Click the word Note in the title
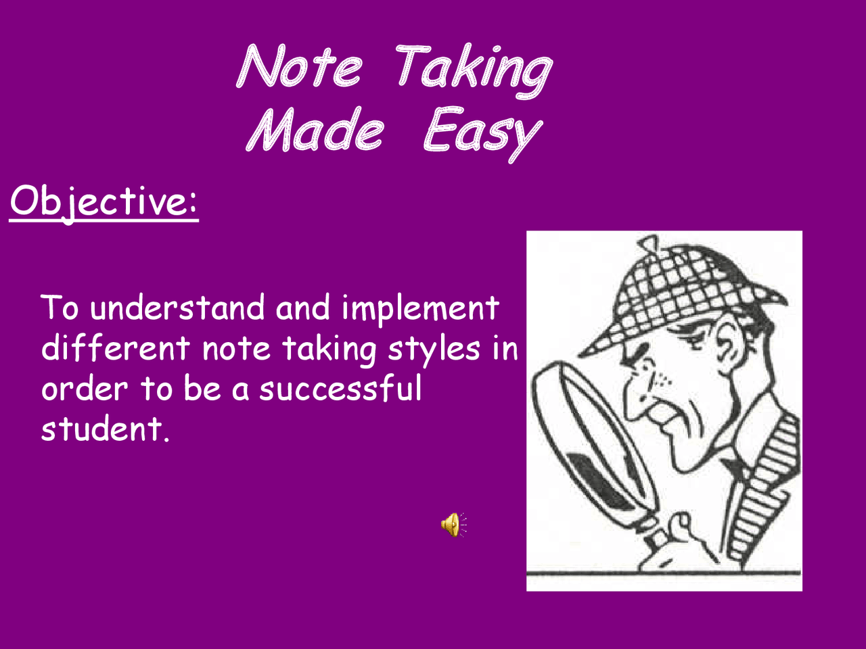click(x=299, y=67)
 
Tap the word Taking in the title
click(x=472, y=70)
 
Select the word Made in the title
click(x=315, y=130)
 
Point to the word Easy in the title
click(x=482, y=133)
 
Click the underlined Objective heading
click(x=104, y=201)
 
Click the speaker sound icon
click(x=453, y=524)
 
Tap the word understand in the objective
click(x=177, y=308)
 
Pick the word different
click(x=116, y=349)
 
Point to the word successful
click(x=340, y=389)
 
